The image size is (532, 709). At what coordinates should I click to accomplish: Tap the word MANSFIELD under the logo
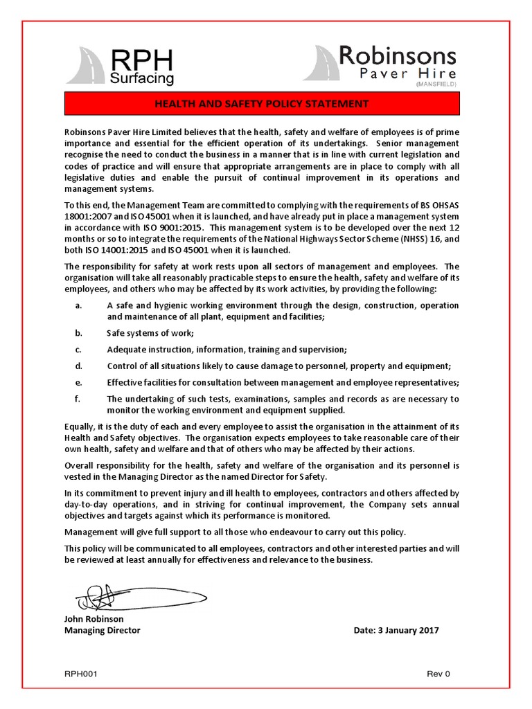tap(436, 84)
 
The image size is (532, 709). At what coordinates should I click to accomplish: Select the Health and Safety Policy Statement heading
tap(262, 104)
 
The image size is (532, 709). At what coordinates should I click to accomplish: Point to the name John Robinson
tap(94, 619)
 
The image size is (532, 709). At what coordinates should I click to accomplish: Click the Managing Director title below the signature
tap(102, 630)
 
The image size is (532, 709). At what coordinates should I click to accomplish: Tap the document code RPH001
tap(81, 674)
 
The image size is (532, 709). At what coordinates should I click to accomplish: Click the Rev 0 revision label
tap(438, 674)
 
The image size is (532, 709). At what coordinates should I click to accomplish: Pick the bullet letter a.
tap(78, 305)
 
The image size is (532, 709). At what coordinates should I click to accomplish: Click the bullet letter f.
tap(78, 399)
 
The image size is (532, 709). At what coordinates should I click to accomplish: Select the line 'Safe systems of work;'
tap(150, 333)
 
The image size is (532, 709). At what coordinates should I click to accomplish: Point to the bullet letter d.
tap(78, 366)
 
